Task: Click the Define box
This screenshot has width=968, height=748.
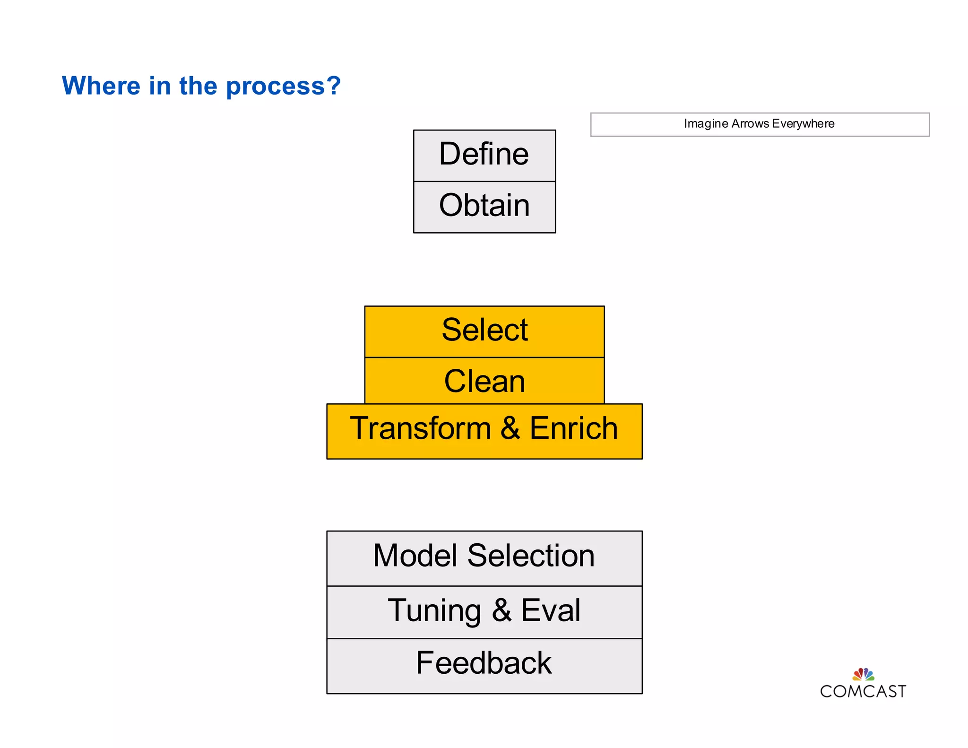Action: pyautogui.click(x=484, y=155)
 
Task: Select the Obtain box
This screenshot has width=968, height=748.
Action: pyautogui.click(x=484, y=206)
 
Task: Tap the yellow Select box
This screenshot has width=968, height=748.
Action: pyautogui.click(x=484, y=331)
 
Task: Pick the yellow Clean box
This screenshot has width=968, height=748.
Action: pyautogui.click(x=484, y=381)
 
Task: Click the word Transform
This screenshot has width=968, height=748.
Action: pyautogui.click(x=420, y=428)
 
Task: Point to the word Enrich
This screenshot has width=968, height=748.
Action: pyautogui.click(x=573, y=428)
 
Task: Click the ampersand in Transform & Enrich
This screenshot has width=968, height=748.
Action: pyautogui.click(x=510, y=428)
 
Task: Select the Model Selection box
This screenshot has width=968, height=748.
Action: pyautogui.click(x=484, y=557)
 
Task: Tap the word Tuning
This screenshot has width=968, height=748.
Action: pyautogui.click(x=434, y=611)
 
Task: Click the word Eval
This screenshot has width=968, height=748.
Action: pyautogui.click(x=551, y=611)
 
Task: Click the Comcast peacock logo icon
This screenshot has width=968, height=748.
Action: pyautogui.click(x=863, y=674)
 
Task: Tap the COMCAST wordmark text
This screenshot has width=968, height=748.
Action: pyautogui.click(x=863, y=692)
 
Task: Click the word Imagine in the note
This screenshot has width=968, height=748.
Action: pyautogui.click(x=706, y=124)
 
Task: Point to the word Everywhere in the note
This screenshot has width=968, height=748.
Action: pyautogui.click(x=803, y=124)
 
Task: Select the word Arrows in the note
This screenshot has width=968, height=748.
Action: pyautogui.click(x=750, y=124)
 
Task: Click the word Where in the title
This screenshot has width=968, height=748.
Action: pyautogui.click(x=101, y=86)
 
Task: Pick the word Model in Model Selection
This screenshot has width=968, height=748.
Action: pyautogui.click(x=415, y=557)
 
